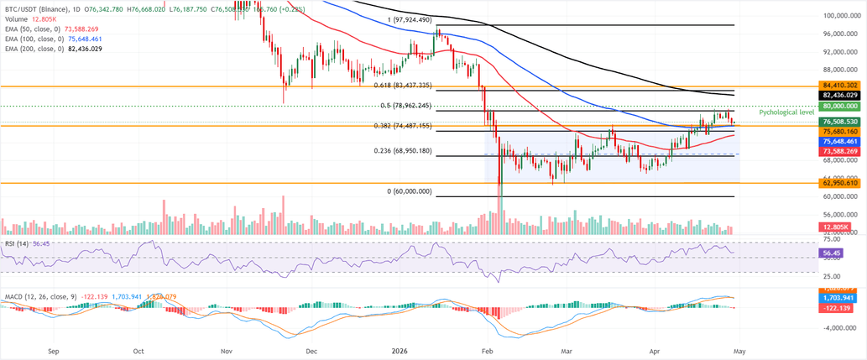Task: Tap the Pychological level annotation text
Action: pos(786,112)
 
